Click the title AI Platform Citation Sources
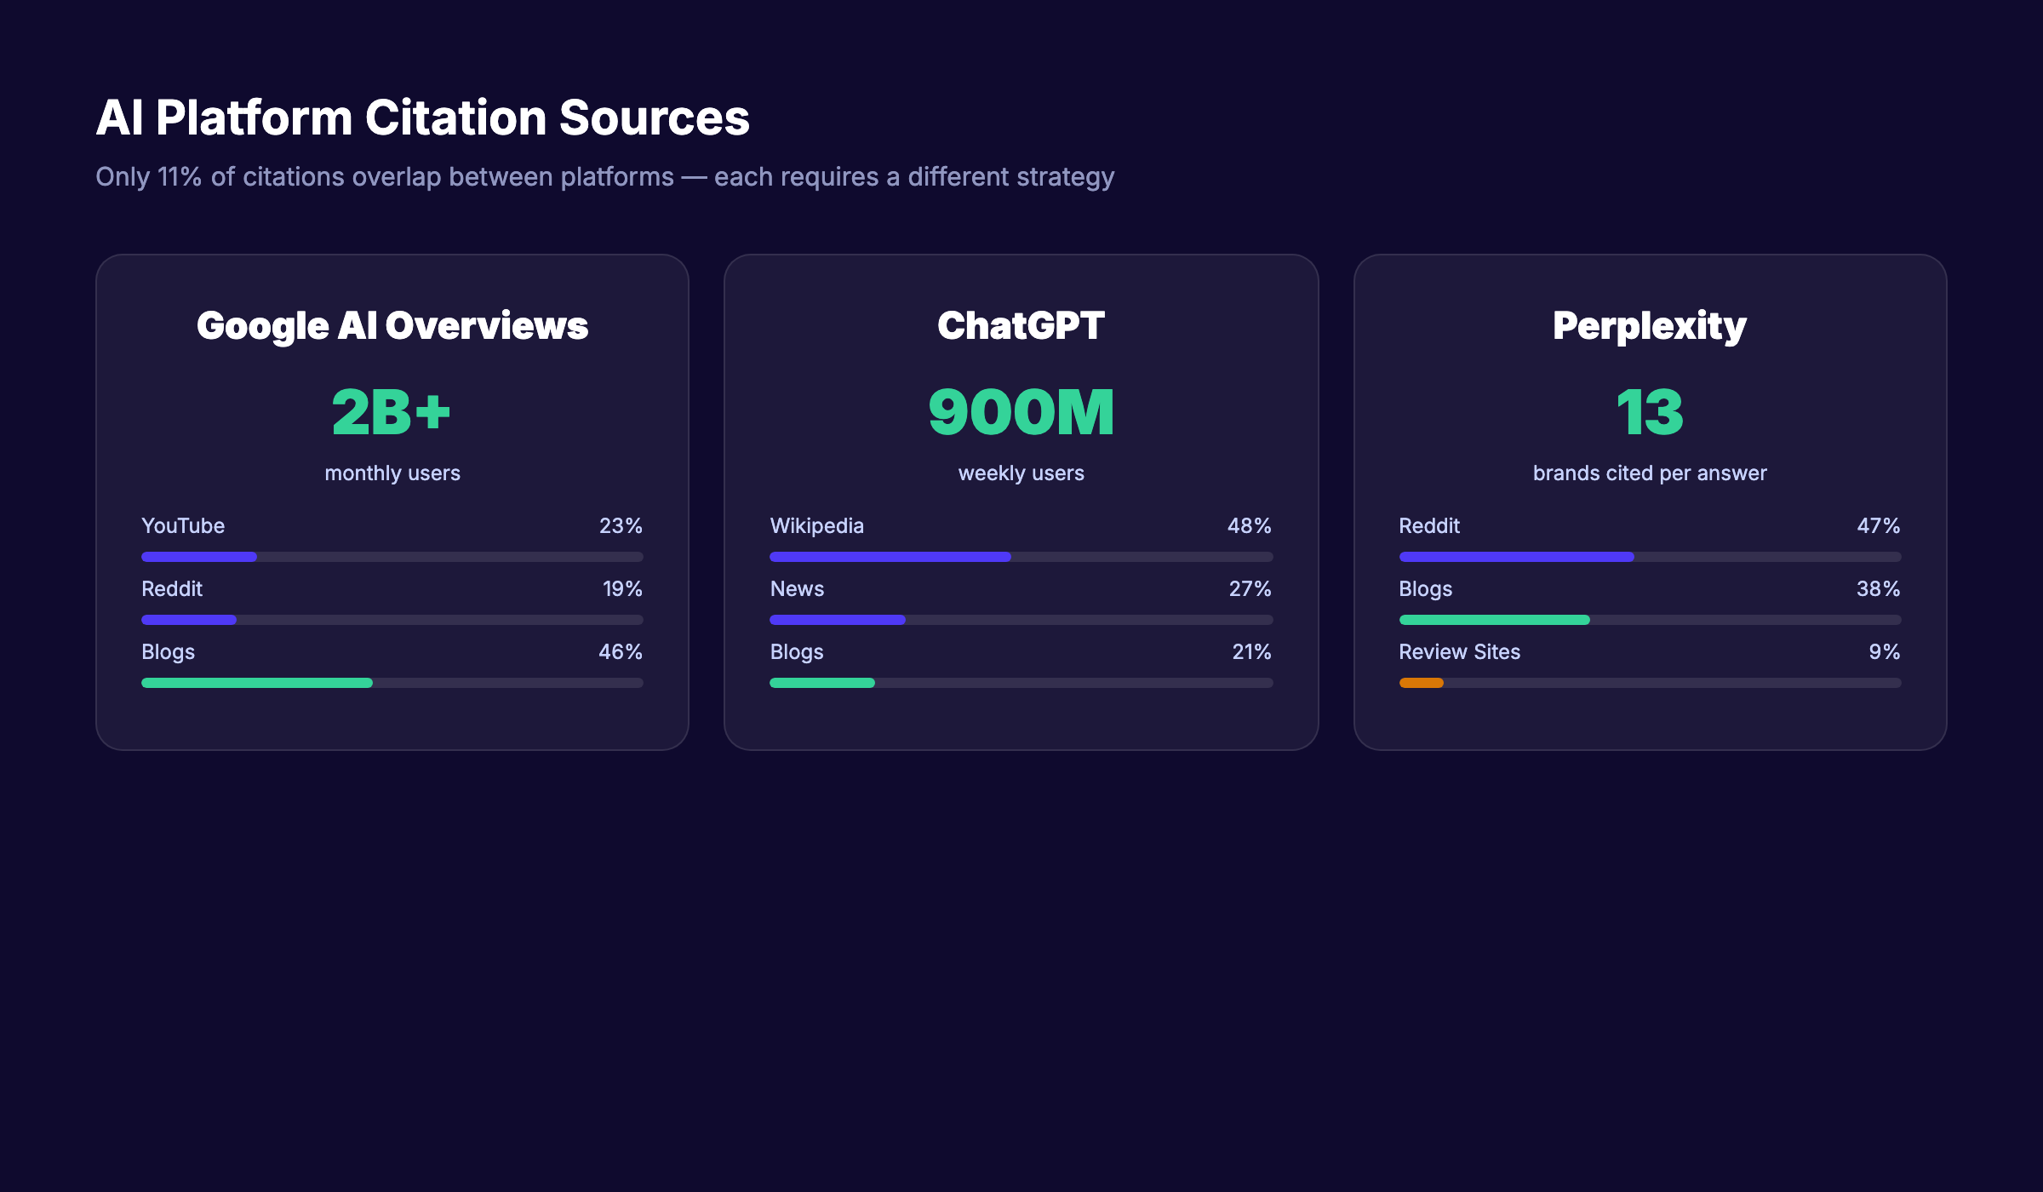pyautogui.click(x=422, y=117)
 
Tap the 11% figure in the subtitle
pyautogui.click(x=179, y=177)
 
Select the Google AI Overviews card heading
pyautogui.click(x=392, y=326)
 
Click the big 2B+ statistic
pyautogui.click(x=392, y=412)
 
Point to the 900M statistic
pyautogui.click(x=1021, y=412)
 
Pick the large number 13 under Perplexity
pyautogui.click(x=1650, y=412)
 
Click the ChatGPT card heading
pyautogui.click(x=1021, y=326)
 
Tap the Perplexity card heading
pyautogui.click(x=1650, y=326)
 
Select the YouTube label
pyautogui.click(x=183, y=526)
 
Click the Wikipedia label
pyautogui.click(x=816, y=526)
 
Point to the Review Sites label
pyautogui.click(x=1459, y=652)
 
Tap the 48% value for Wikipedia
pyautogui.click(x=1249, y=526)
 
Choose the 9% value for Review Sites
pyautogui.click(x=1884, y=652)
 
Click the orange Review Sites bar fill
pyautogui.click(x=1421, y=683)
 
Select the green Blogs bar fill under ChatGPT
pyautogui.click(x=821, y=683)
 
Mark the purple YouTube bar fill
pyautogui.click(x=198, y=557)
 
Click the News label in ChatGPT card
pyautogui.click(x=797, y=589)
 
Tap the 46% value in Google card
pyautogui.click(x=620, y=652)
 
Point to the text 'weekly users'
pyautogui.click(x=1021, y=473)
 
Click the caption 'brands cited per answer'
pyautogui.click(x=1650, y=473)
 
